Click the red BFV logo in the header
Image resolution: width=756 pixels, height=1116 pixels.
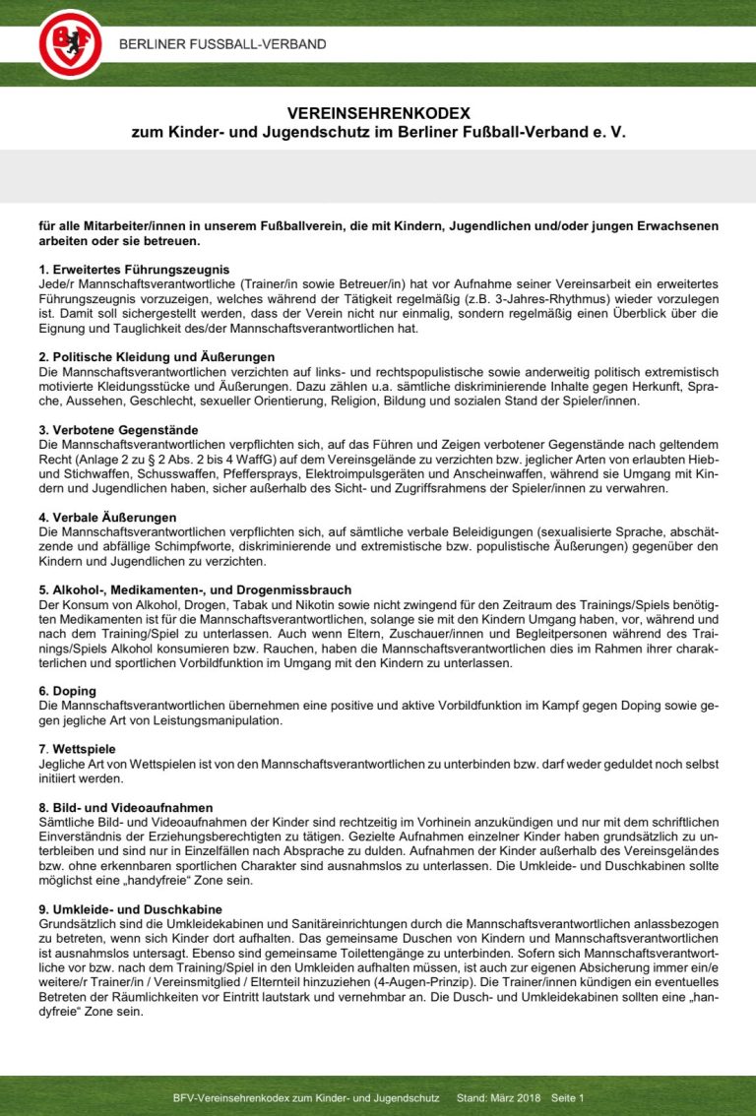click(70, 43)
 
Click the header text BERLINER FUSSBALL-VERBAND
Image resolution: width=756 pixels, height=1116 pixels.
click(222, 44)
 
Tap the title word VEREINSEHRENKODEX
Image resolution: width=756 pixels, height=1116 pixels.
click(379, 113)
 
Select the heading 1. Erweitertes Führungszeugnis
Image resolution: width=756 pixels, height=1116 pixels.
click(134, 270)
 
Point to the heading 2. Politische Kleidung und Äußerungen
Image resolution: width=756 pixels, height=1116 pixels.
click(157, 356)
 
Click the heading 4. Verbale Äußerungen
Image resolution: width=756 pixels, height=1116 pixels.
click(107, 517)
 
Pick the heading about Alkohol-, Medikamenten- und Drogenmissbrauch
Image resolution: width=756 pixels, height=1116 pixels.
click(195, 590)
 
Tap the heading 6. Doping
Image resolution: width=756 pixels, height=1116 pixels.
click(67, 691)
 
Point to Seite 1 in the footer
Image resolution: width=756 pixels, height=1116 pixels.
click(568, 1097)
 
